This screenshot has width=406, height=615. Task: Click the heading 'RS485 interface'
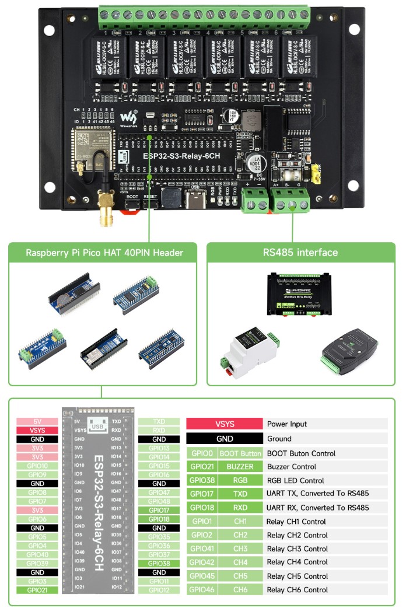click(x=300, y=253)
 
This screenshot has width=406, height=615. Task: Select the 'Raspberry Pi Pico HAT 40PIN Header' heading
click(x=104, y=253)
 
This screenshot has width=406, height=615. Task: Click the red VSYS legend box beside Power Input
click(x=225, y=424)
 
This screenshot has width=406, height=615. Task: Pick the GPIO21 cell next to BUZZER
click(x=201, y=467)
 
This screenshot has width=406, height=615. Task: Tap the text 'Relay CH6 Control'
click(x=297, y=590)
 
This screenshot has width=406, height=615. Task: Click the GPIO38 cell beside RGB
click(x=201, y=481)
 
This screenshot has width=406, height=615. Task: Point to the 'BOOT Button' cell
click(x=240, y=453)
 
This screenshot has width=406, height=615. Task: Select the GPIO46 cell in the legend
click(x=201, y=590)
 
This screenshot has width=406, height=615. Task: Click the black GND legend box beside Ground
click(x=225, y=439)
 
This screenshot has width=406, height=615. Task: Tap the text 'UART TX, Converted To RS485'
click(x=318, y=494)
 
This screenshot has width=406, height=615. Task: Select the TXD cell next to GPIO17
click(x=240, y=494)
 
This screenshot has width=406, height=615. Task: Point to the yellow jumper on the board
click(x=318, y=176)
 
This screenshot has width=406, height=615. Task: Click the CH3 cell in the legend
click(x=240, y=548)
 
